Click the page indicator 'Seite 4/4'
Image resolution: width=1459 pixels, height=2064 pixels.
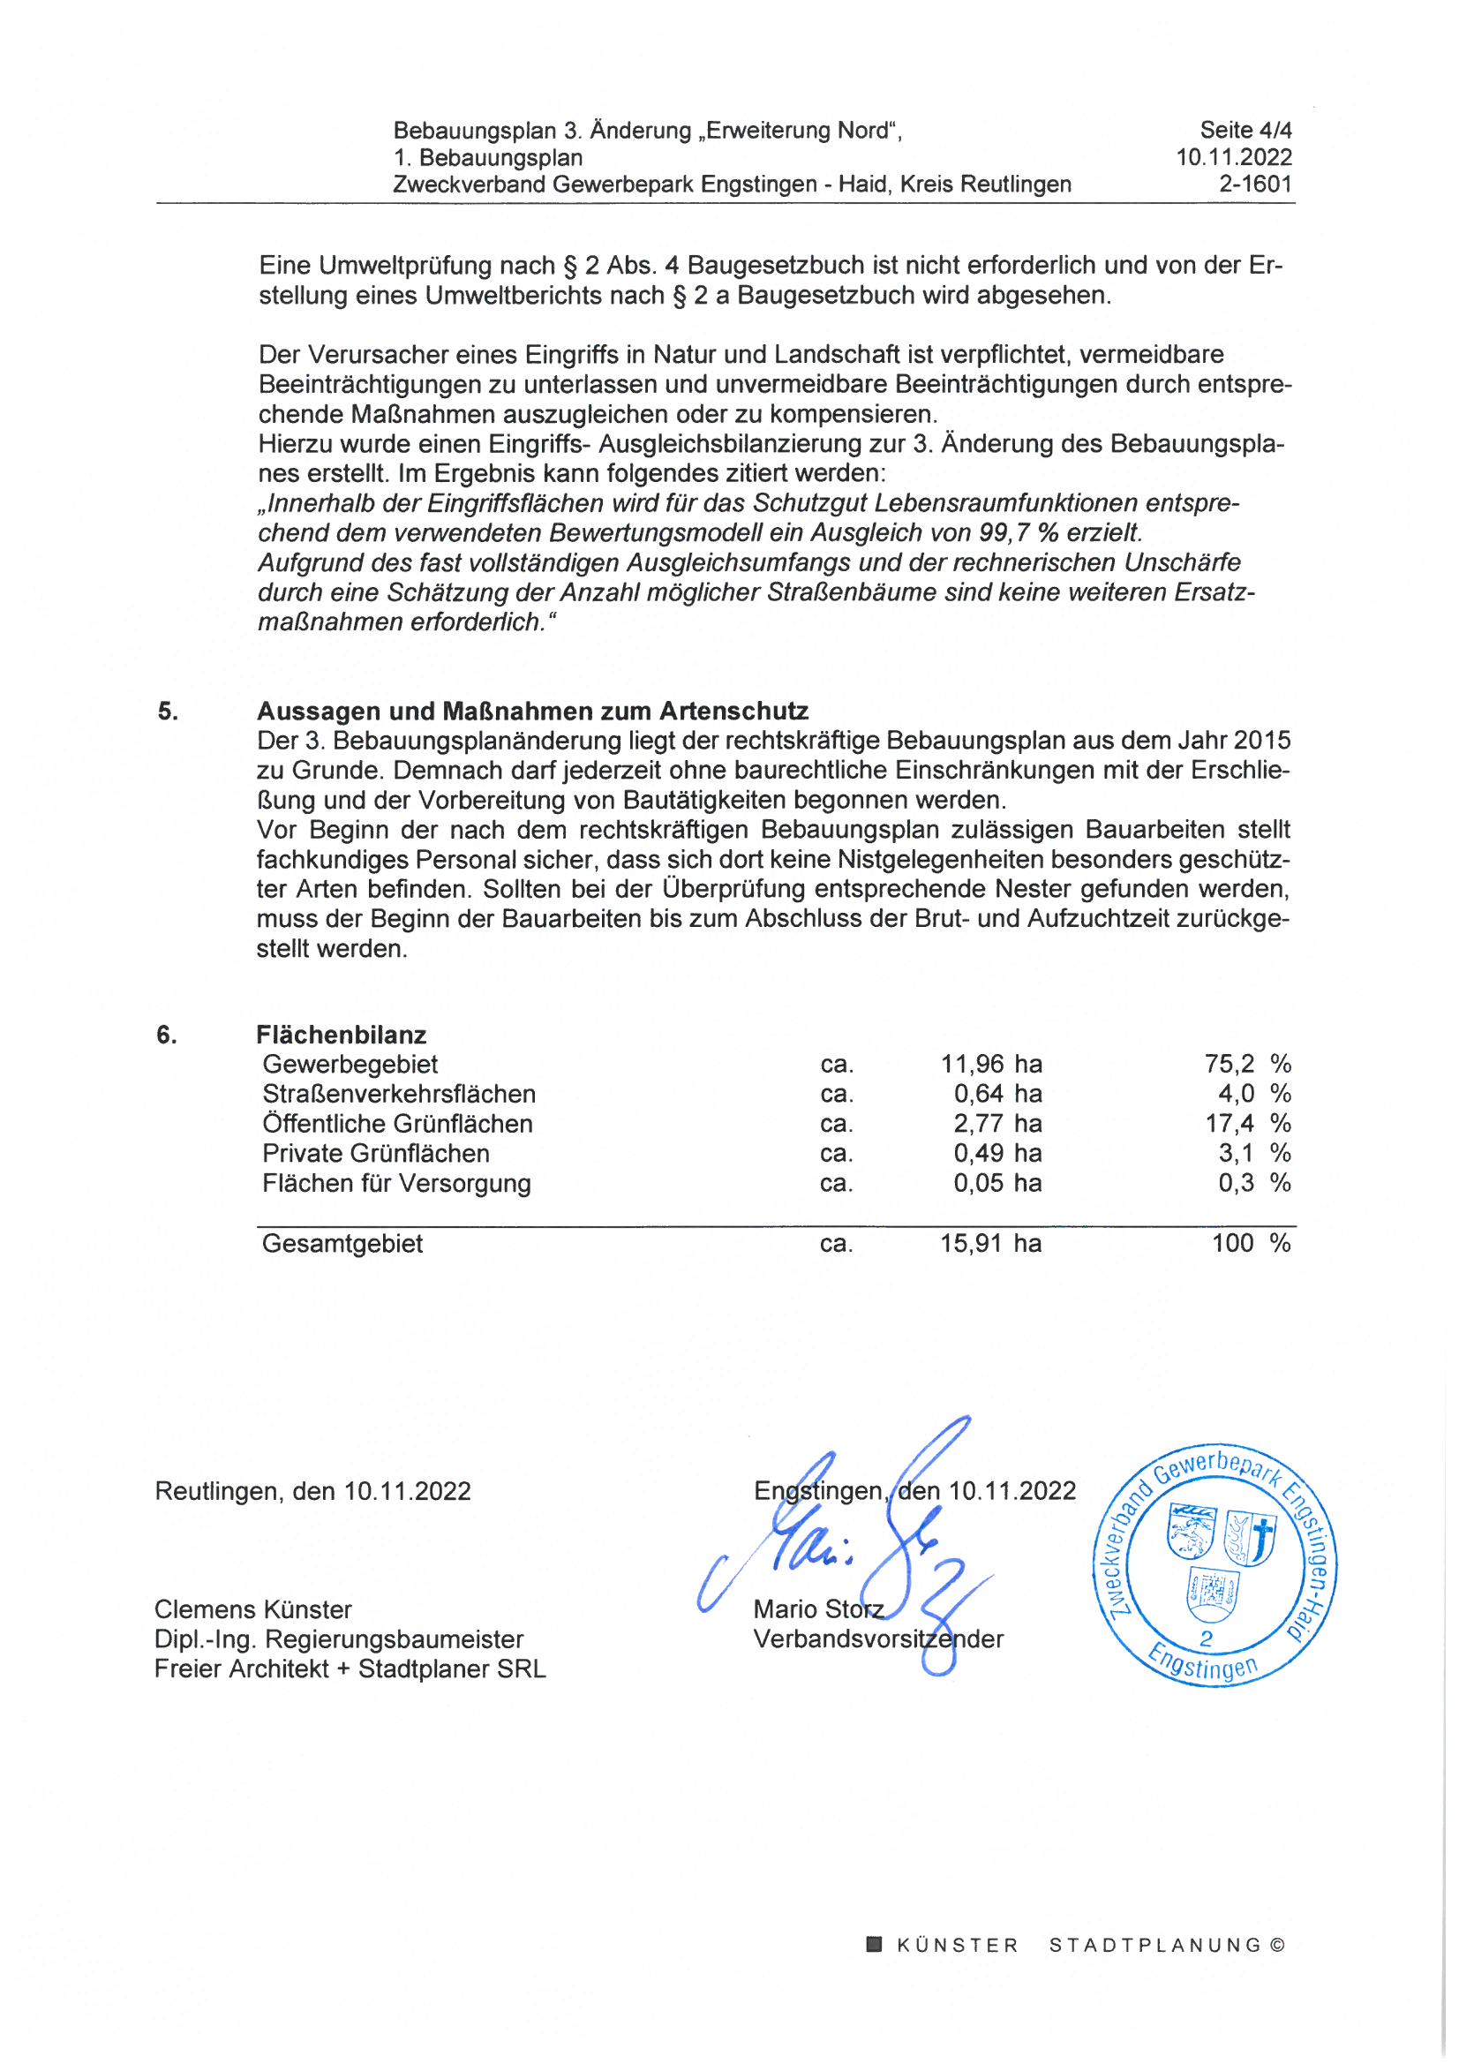click(1245, 131)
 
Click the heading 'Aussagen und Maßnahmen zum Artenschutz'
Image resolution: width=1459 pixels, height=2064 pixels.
click(532, 711)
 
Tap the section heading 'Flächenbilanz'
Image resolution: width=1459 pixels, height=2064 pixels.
click(341, 1035)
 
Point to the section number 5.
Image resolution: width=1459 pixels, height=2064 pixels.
click(168, 711)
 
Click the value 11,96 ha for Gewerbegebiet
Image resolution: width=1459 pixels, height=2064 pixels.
click(990, 1065)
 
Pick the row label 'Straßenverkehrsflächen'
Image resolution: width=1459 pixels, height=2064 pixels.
click(398, 1094)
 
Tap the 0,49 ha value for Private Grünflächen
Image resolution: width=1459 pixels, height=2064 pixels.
click(996, 1153)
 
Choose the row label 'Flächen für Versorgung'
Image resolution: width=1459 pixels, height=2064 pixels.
click(396, 1183)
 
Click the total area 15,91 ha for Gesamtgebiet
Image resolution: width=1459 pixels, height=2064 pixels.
click(990, 1243)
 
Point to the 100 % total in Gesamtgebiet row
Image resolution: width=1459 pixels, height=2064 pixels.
click(1251, 1243)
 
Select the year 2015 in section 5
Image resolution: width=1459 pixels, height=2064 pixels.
click(1261, 741)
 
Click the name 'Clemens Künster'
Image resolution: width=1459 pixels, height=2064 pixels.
click(252, 1609)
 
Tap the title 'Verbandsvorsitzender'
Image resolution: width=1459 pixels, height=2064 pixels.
click(878, 1638)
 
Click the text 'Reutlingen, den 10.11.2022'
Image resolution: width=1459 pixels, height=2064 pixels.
click(312, 1491)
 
